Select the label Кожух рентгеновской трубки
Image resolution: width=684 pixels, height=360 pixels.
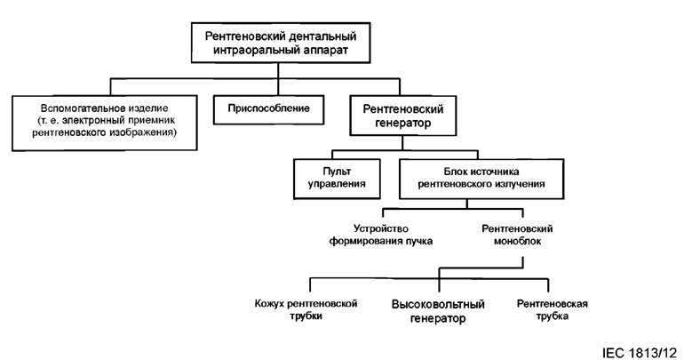pyautogui.click(x=306, y=308)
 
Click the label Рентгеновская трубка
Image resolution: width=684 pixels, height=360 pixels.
pyautogui.click(x=553, y=308)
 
